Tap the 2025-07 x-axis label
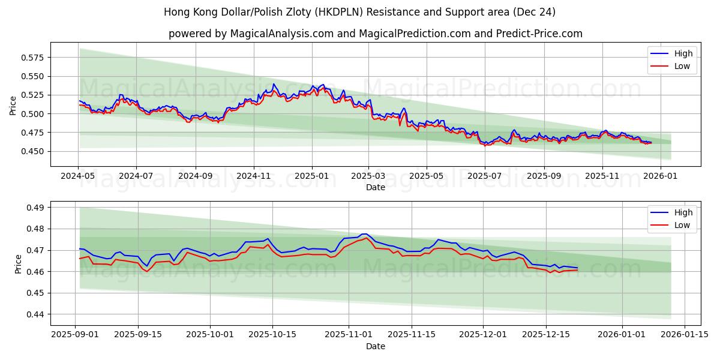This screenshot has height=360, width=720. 484,176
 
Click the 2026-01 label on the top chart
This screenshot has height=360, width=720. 660,176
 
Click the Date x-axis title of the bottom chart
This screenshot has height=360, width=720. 376,346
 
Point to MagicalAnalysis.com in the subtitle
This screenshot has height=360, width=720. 281,34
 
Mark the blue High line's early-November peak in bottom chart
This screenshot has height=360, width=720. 364,234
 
